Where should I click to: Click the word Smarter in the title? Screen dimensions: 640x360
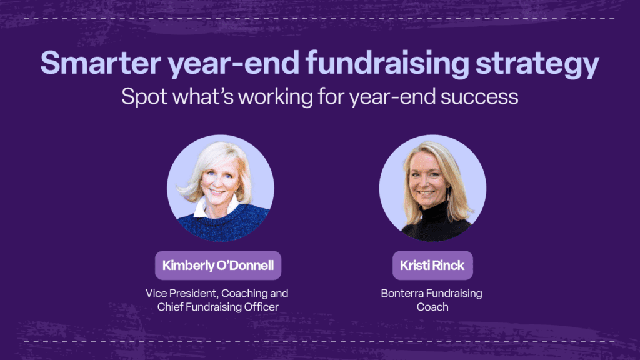coord(101,62)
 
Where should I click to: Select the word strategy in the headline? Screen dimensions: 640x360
coord(537,64)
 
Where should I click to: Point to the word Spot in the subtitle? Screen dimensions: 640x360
coord(144,97)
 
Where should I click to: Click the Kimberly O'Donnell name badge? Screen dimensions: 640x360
coord(218,265)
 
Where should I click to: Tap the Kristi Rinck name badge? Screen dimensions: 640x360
coord(432,265)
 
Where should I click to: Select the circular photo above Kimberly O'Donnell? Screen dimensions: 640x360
coord(221,188)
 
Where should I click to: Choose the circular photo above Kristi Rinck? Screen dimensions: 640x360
coord(432,188)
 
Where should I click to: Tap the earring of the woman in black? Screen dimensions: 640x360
coord(448,194)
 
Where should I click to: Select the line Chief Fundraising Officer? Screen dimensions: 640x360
coord(218,307)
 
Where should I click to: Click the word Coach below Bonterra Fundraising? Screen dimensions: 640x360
coord(432,307)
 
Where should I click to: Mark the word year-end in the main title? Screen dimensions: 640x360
coord(234,64)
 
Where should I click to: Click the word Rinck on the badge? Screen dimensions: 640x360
coord(448,265)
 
